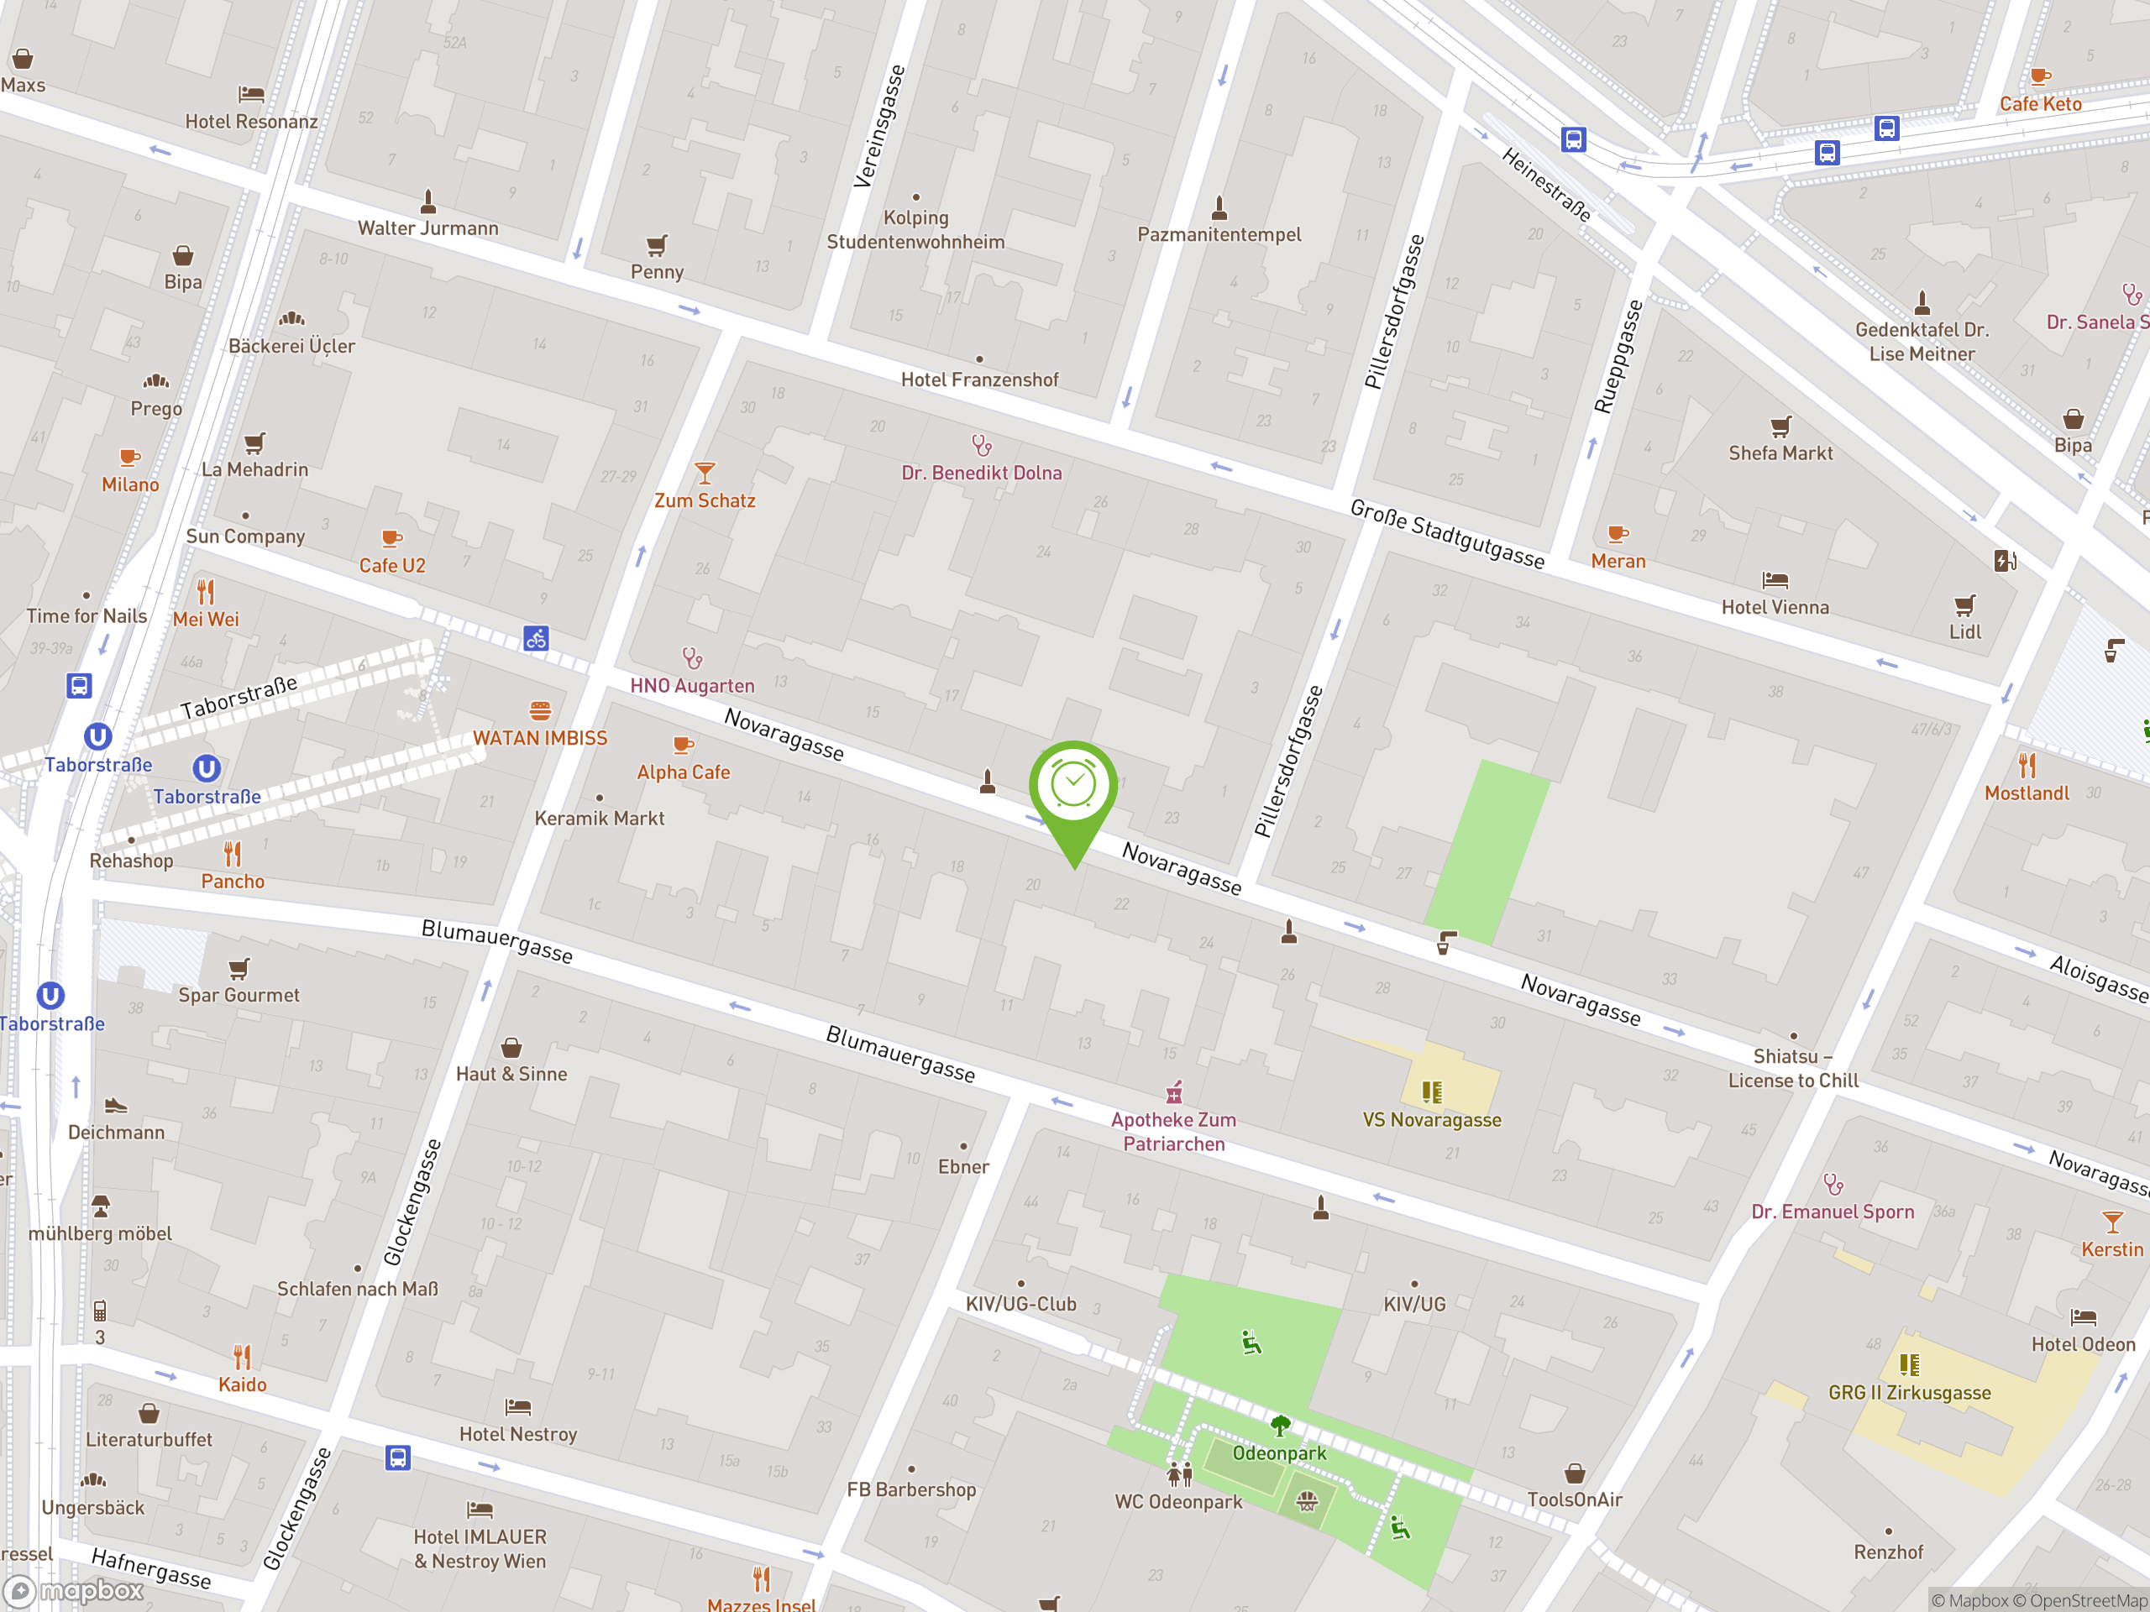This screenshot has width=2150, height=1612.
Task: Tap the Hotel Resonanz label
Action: [251, 122]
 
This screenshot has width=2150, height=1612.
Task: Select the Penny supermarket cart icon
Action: [657, 245]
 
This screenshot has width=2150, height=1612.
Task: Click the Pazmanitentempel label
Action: [1219, 234]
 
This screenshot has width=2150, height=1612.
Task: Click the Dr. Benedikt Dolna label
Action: [981, 474]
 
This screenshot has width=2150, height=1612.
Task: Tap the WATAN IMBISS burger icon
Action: [540, 710]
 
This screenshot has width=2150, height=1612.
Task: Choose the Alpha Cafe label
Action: [684, 772]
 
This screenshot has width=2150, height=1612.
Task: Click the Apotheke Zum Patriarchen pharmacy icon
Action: [1174, 1093]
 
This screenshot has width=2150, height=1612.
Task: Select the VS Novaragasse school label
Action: [1432, 1120]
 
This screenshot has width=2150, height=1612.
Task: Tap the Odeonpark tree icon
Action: [1280, 1426]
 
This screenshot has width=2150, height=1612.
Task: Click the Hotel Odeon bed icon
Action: [2083, 1318]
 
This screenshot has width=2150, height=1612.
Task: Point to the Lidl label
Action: [1964, 632]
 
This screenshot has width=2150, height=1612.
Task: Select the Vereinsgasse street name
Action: [879, 126]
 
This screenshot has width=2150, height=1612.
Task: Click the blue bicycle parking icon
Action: [537, 638]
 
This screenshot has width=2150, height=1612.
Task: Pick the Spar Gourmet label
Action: [239, 995]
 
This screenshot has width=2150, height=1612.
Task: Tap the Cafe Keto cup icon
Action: [2040, 76]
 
